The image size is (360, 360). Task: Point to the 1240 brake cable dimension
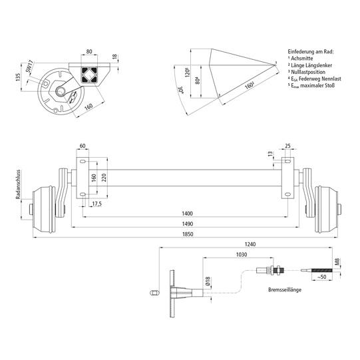click(250, 244)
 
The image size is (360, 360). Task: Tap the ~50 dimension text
click(322, 275)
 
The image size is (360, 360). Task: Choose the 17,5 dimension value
click(97, 204)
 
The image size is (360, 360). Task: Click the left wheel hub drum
click(47, 206)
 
